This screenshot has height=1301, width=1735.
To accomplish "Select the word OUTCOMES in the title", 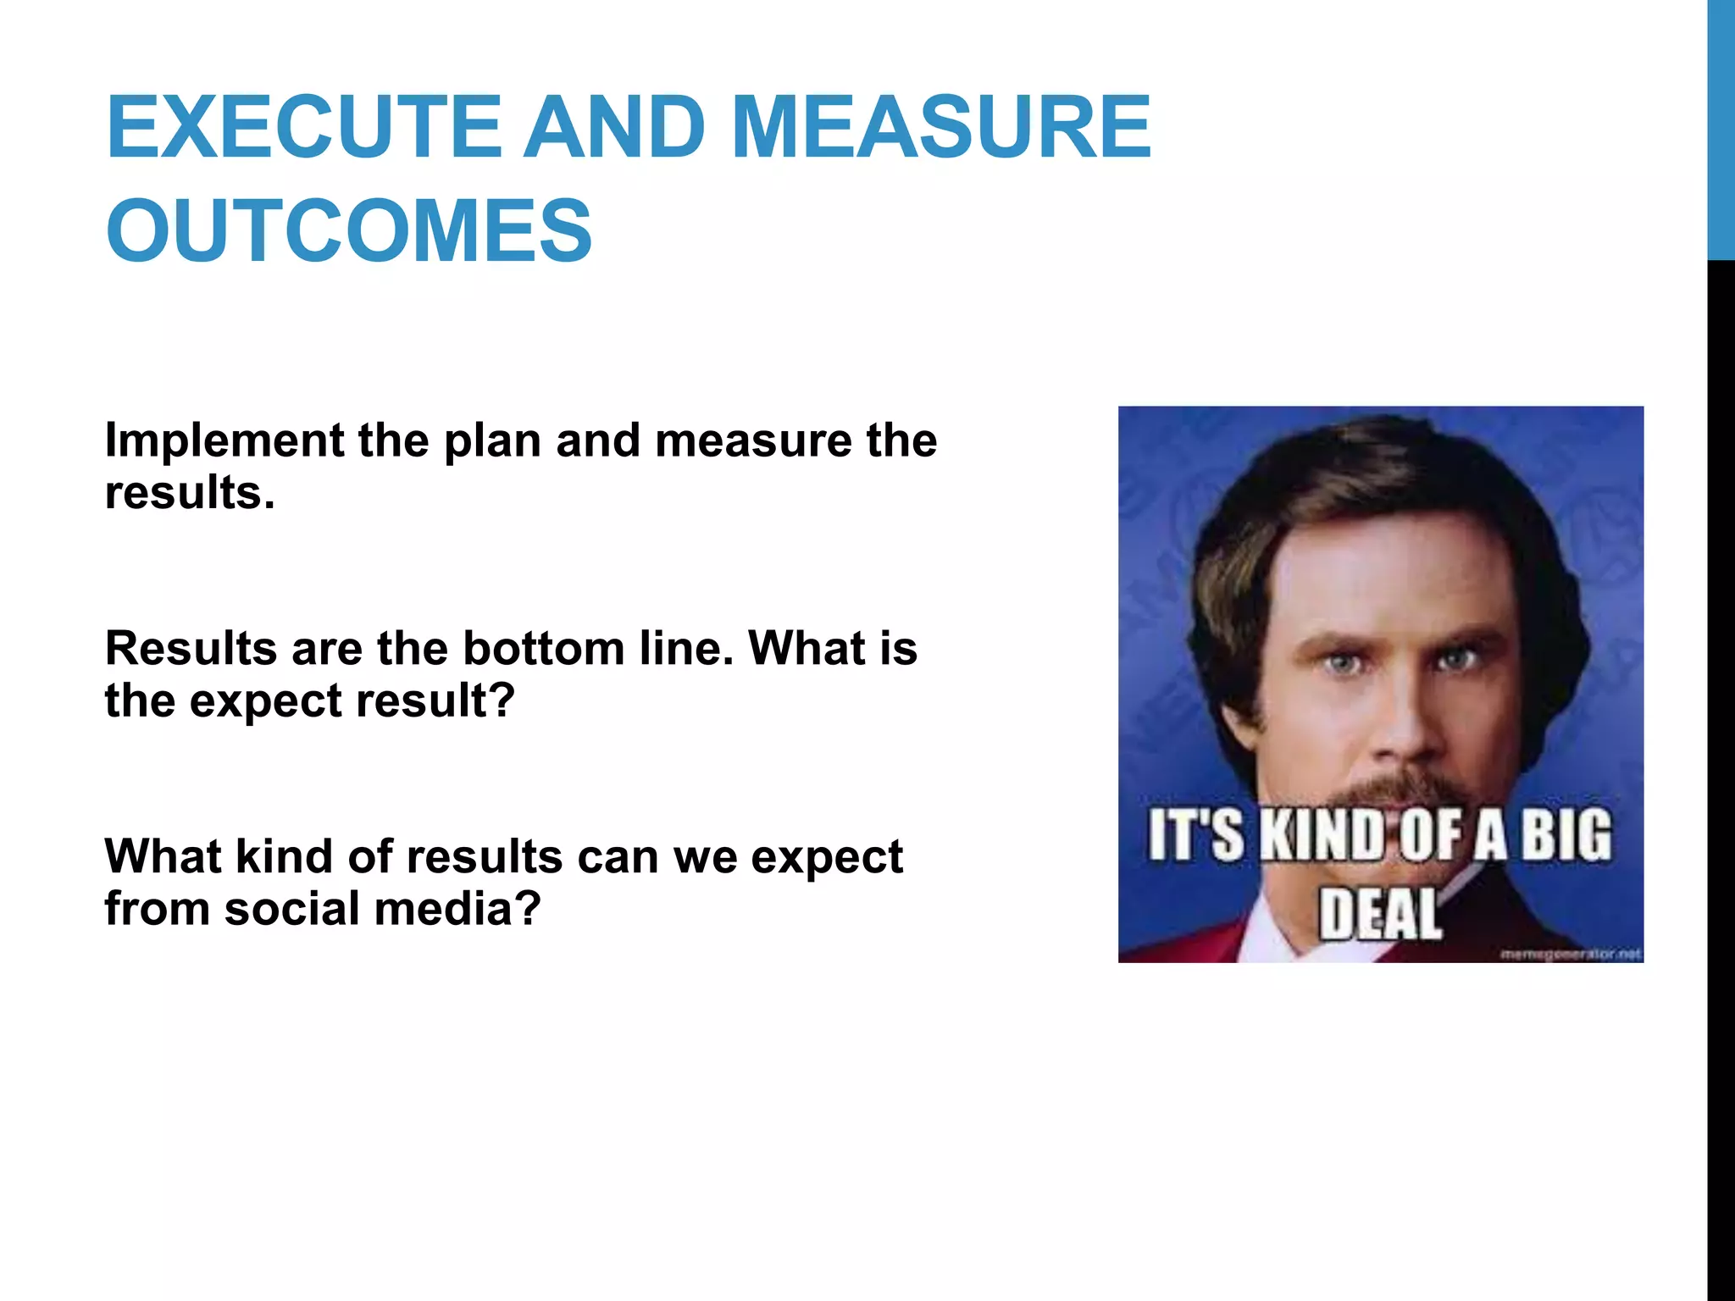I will (x=348, y=230).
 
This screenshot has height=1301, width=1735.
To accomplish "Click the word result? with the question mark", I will (x=435, y=701).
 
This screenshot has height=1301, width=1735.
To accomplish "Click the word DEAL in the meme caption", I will (x=1380, y=914).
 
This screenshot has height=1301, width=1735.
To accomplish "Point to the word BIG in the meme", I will (x=1566, y=836).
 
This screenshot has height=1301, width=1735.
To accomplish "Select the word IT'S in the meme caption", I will (x=1195, y=836).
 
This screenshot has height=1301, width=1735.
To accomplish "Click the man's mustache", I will (x=1398, y=792).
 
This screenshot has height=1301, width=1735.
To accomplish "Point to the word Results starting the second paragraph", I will (x=191, y=649).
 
